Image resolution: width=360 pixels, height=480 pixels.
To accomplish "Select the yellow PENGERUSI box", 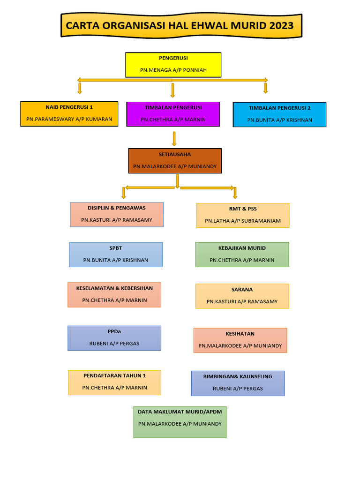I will pos(173,65).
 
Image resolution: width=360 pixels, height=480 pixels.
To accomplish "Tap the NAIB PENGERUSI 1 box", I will pos(69,114).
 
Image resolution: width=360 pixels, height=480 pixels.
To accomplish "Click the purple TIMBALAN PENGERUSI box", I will pos(173,114).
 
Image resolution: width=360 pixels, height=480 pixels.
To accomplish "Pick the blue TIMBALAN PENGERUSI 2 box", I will pos(279,114).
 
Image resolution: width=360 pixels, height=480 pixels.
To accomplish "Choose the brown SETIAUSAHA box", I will pos(175,161).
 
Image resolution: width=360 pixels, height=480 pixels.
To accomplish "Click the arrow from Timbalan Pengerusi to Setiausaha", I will pos(174,138).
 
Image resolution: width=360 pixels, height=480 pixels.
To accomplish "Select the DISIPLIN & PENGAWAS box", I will pos(117,214).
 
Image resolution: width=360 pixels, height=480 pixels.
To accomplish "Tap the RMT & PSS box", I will pos(243,215).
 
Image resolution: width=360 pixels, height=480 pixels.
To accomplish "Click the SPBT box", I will pos(116,255).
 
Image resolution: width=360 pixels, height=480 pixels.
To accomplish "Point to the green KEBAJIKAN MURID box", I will pos(242,255).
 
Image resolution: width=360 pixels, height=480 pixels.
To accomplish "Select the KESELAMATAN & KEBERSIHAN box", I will pos(114,294).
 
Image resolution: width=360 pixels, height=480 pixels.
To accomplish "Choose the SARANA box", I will pos(242,296).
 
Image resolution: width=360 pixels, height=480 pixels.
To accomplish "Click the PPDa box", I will pos(114,338).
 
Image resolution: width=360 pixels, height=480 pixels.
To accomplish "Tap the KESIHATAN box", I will pos(240,340).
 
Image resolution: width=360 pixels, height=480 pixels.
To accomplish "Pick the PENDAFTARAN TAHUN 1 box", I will pos(114,382).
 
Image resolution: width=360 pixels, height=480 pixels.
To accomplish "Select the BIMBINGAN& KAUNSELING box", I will pos(238,383).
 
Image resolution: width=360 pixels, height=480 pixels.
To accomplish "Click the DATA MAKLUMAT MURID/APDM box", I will pos(180,422).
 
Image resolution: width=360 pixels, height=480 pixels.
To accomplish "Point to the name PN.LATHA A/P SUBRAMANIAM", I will pos(243,221).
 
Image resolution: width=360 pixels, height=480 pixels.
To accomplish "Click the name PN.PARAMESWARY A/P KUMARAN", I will pos(69,119).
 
